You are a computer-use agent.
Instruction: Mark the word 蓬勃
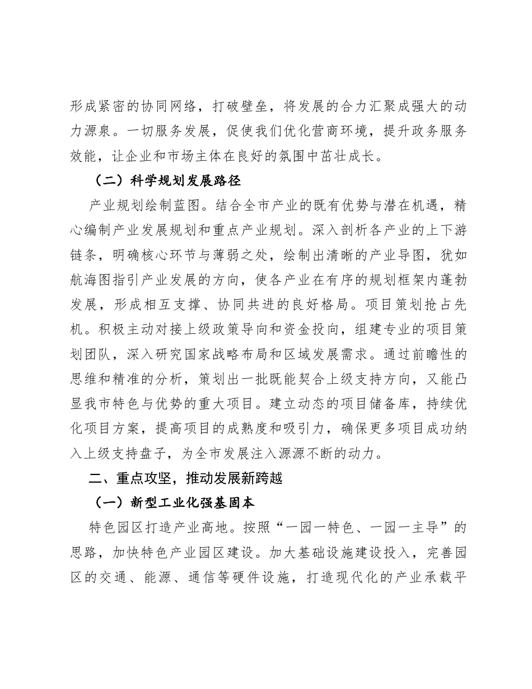tap(451, 280)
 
